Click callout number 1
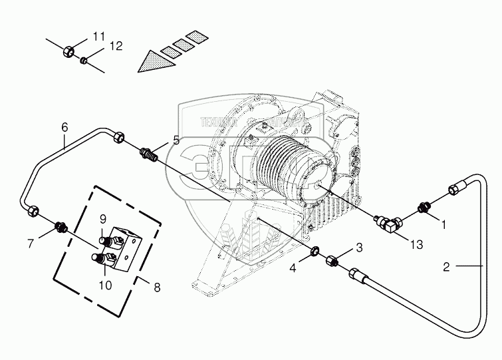[x=445, y=225]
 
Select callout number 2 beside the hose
[x=447, y=267]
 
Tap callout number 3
[x=359, y=248]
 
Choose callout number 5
[x=176, y=140]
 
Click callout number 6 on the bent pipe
[x=64, y=127]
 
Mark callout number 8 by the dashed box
[x=157, y=288]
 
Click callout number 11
[x=99, y=35]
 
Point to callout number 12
[x=116, y=47]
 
